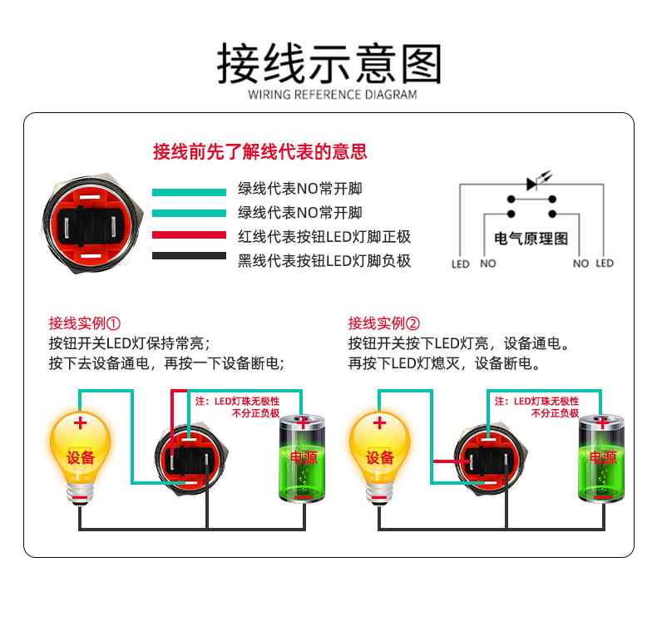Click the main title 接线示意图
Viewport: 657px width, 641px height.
tap(328, 62)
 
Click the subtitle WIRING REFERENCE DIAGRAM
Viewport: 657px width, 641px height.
tap(332, 95)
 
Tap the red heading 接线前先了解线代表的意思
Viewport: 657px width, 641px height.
tap(260, 152)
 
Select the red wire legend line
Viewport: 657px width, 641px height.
tap(189, 235)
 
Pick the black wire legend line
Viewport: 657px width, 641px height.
tap(189, 256)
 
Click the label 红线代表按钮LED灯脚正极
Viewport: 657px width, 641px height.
tap(324, 236)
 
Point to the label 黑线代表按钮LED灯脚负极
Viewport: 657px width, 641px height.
tap(324, 260)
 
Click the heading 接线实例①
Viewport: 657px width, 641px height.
tap(85, 323)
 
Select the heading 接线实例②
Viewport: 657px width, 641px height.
tap(384, 323)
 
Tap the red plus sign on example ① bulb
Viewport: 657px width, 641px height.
tap(80, 423)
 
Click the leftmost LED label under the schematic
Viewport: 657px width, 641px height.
tap(461, 264)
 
